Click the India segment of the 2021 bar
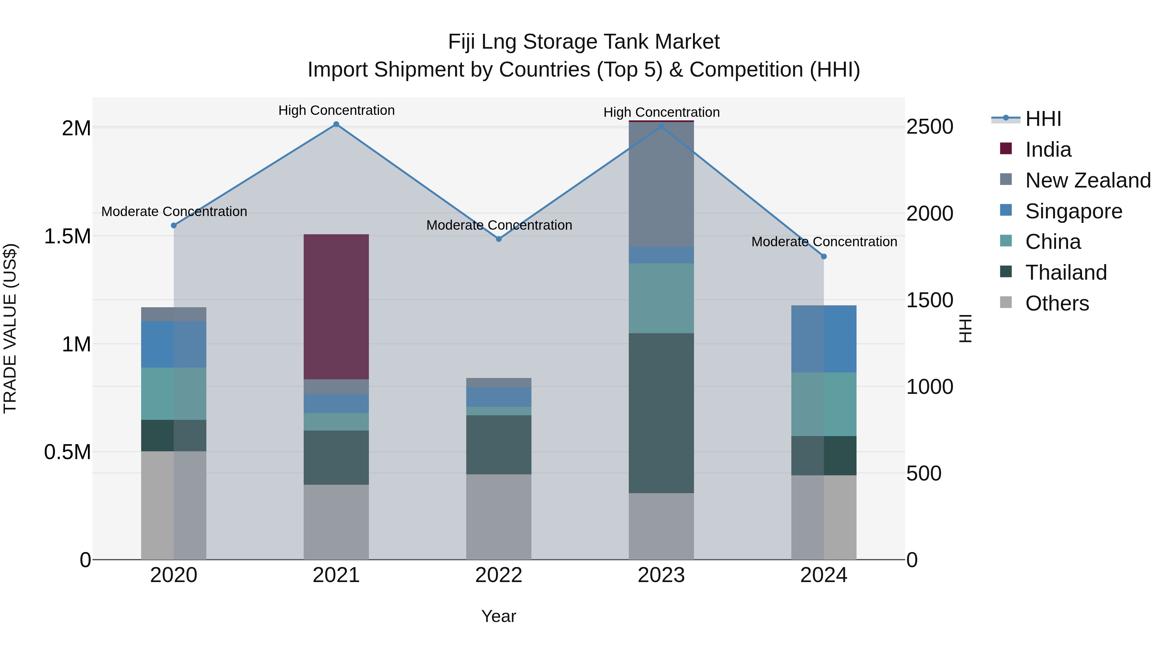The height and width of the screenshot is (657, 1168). pos(336,307)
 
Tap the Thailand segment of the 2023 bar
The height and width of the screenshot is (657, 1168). pos(661,413)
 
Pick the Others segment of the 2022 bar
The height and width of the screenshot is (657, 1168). pos(499,517)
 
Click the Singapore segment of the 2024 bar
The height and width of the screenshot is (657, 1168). pos(824,339)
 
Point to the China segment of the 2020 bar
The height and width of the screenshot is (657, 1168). pos(174,393)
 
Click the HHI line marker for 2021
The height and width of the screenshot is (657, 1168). pos(336,124)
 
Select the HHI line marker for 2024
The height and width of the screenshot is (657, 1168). pos(824,256)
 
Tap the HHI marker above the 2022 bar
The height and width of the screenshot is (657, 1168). pos(499,239)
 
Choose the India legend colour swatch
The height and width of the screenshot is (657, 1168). pos(1006,149)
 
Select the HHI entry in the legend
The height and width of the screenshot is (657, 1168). pos(1043,119)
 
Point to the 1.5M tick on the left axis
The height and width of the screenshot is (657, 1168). pos(67,236)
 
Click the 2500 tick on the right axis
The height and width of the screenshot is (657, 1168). pos(930,127)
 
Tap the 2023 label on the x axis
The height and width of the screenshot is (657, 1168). pos(661,575)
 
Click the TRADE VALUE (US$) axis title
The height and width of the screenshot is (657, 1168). pos(10,328)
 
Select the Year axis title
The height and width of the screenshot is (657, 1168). pos(499,616)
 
